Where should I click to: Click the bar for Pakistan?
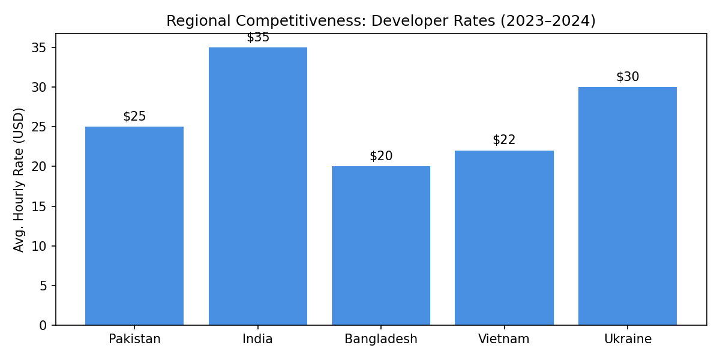tap(134, 226)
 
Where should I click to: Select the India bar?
tap(258, 186)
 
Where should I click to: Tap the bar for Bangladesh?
tap(381, 245)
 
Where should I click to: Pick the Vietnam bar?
tap(504, 238)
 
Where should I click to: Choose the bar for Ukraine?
tap(628, 206)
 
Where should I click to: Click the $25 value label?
tap(134, 116)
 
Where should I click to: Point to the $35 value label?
tap(258, 37)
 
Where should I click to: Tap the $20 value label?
tap(381, 156)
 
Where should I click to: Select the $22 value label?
tap(504, 140)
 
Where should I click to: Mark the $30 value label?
tap(628, 77)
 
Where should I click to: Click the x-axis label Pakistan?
tap(134, 339)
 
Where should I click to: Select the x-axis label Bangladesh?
tap(381, 339)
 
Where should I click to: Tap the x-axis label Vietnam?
tap(504, 339)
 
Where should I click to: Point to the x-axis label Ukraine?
tap(628, 339)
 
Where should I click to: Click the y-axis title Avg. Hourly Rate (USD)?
tap(19, 179)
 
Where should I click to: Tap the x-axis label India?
tap(258, 339)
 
